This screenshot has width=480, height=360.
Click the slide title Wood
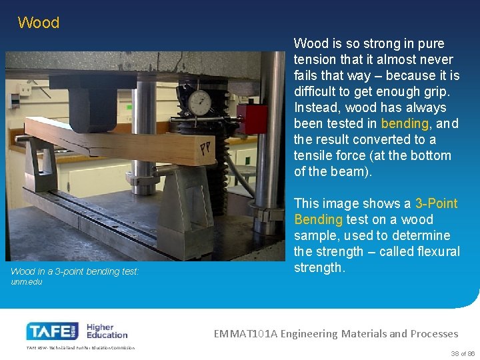click(39, 23)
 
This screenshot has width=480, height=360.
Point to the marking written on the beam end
click(203, 151)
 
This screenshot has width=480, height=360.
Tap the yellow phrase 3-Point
click(437, 203)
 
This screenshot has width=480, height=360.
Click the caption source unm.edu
click(27, 282)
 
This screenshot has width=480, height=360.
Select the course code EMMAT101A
click(247, 333)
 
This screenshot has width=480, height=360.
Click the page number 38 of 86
click(462, 353)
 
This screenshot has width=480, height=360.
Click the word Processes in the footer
click(434, 333)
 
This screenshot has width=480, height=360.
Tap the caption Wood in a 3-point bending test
click(75, 271)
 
